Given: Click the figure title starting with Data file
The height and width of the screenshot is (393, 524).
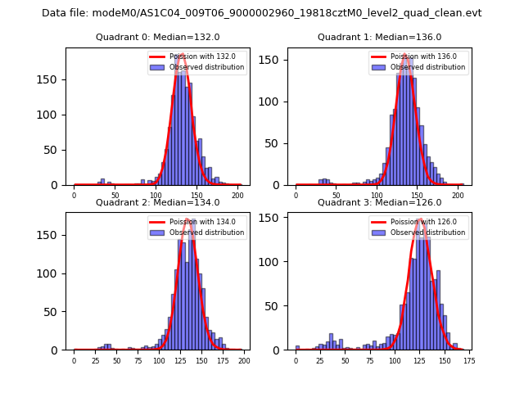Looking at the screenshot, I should pos(262,13).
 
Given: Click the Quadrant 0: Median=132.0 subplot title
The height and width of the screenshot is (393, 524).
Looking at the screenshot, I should pos(158,37).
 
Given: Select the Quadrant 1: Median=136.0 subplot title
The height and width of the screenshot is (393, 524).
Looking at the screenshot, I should pos(380,37).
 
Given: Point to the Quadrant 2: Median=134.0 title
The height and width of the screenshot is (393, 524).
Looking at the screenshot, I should pos(158,202).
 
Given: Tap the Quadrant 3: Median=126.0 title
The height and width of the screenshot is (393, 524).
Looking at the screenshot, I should pos(380,202).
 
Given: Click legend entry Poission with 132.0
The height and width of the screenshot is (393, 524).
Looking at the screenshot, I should pos(196,56).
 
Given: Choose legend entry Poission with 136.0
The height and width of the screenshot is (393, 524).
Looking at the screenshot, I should pos(418,56).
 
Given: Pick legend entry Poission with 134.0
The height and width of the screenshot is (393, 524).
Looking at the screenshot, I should pos(196,221).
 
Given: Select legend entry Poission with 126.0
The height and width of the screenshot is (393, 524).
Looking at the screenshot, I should pos(418,221).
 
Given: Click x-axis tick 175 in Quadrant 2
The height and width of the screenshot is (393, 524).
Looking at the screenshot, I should pos(222,361).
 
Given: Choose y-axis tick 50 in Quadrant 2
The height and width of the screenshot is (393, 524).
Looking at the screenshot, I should pos(57,312).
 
